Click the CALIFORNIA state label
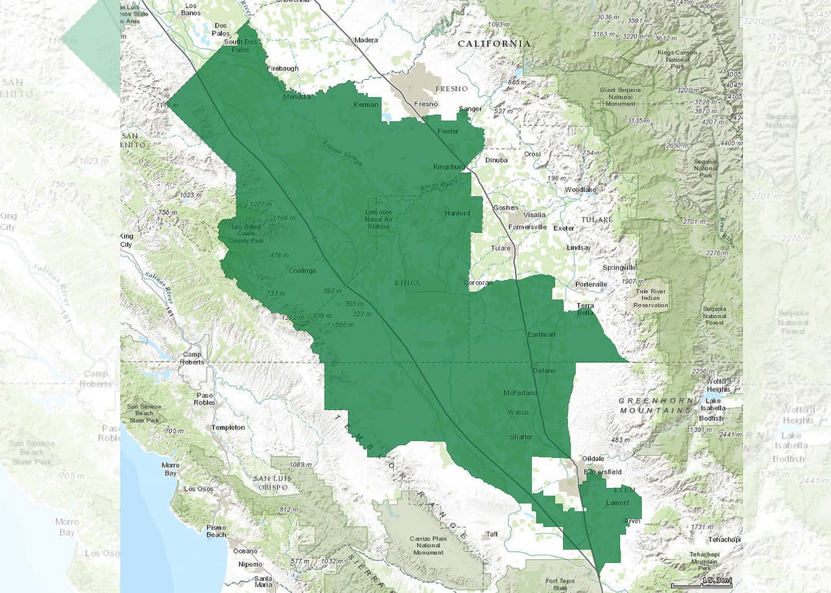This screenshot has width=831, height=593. (493, 43)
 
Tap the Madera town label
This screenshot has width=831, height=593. (366, 40)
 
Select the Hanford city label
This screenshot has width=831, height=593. (457, 213)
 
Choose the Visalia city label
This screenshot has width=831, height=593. (534, 215)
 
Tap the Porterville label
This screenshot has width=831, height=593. (591, 284)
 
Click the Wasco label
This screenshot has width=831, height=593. (517, 412)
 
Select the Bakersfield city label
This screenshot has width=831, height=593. (602, 471)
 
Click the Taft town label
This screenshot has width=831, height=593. (492, 535)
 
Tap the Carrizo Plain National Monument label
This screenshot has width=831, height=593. (427, 546)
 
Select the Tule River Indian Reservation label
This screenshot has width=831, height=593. (651, 297)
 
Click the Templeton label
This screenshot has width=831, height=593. (228, 427)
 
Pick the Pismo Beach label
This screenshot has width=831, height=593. (216, 531)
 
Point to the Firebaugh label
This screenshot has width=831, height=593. (282, 68)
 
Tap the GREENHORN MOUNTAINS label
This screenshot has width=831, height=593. (656, 405)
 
